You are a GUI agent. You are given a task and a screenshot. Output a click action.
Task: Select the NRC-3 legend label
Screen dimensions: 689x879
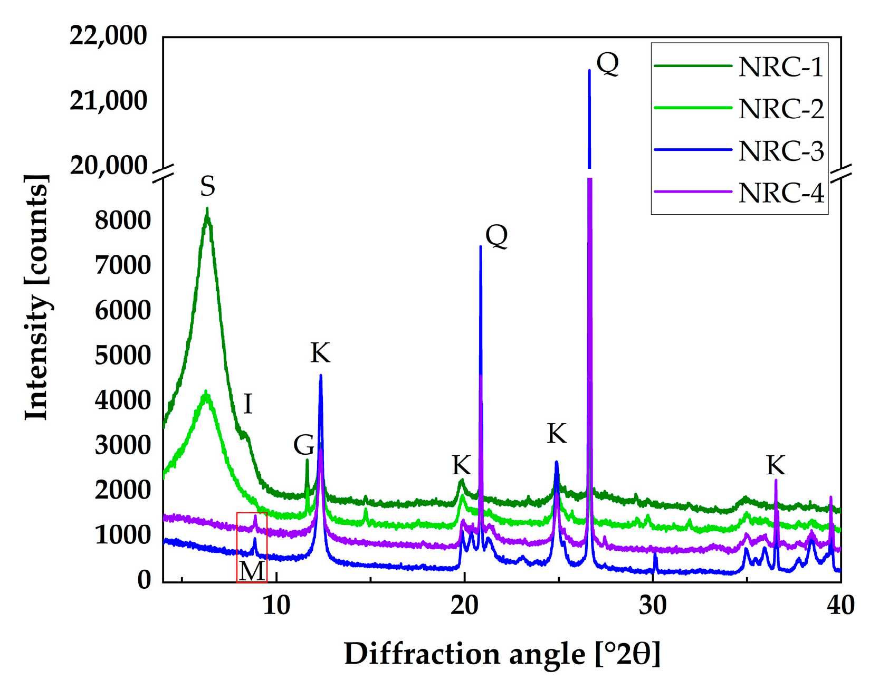[x=781, y=151]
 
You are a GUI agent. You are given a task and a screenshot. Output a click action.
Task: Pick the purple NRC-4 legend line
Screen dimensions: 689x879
[x=693, y=192]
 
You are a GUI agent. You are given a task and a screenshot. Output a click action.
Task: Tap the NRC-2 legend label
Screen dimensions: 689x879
[x=781, y=109]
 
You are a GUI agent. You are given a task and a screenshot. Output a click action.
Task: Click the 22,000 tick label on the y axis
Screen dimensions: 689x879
[x=108, y=36]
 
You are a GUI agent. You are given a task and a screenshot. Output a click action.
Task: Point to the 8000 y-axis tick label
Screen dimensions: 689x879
[x=122, y=221]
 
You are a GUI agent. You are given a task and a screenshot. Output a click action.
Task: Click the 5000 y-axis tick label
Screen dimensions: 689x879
[x=122, y=356]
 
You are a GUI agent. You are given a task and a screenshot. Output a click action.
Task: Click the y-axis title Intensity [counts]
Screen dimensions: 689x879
[x=37, y=297]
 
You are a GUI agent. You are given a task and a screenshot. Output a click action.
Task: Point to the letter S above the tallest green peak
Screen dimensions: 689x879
[x=207, y=186]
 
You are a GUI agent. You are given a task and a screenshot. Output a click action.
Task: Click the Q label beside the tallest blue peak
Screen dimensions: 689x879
[x=607, y=64]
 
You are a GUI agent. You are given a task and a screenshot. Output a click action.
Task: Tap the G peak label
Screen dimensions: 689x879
[x=304, y=445]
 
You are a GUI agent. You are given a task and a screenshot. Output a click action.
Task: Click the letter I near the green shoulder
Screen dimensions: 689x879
[x=247, y=405]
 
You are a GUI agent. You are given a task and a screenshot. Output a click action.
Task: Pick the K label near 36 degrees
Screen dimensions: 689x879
[x=776, y=466]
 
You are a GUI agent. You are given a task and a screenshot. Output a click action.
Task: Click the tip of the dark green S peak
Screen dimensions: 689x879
[x=207, y=209]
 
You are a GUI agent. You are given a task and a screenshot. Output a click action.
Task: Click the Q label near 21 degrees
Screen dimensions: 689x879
[x=496, y=236]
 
